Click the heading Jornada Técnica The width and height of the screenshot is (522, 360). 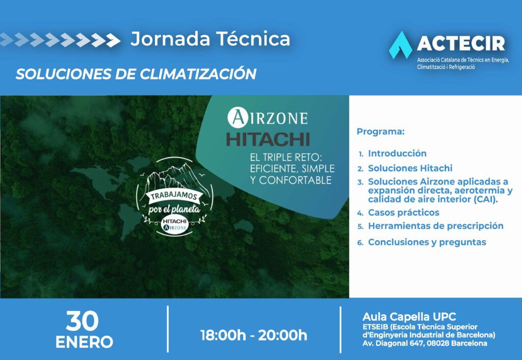point(210,39)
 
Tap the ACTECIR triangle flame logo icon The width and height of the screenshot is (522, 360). point(401,45)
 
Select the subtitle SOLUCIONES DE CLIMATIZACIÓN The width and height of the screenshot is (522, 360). point(136,74)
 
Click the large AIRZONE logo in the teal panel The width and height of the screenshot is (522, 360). point(268,118)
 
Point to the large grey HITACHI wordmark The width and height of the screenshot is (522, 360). point(268,139)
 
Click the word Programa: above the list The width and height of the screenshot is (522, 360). point(380,132)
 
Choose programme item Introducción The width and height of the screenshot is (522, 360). point(397,153)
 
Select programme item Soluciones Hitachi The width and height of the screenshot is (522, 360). point(410,168)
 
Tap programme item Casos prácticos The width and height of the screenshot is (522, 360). point(404,213)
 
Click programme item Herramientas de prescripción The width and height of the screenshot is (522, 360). point(436,226)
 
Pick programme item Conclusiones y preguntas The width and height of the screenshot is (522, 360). point(427,242)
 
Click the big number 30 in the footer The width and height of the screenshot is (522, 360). point(82,321)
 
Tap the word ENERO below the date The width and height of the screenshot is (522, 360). point(84,342)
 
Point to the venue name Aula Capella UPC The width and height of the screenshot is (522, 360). point(409,316)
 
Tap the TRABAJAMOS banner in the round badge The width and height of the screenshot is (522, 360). point(174,196)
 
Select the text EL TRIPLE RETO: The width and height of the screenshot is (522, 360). point(286,157)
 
